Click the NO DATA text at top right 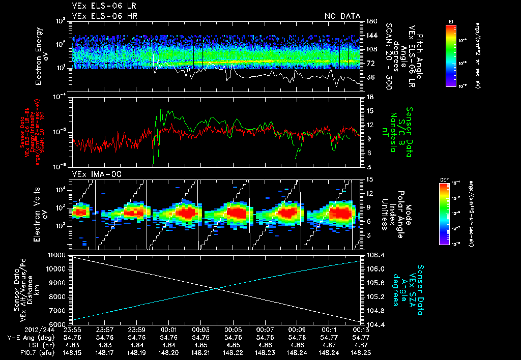(342, 16)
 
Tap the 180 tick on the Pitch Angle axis (370, 21)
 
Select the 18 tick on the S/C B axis (370, 97)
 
